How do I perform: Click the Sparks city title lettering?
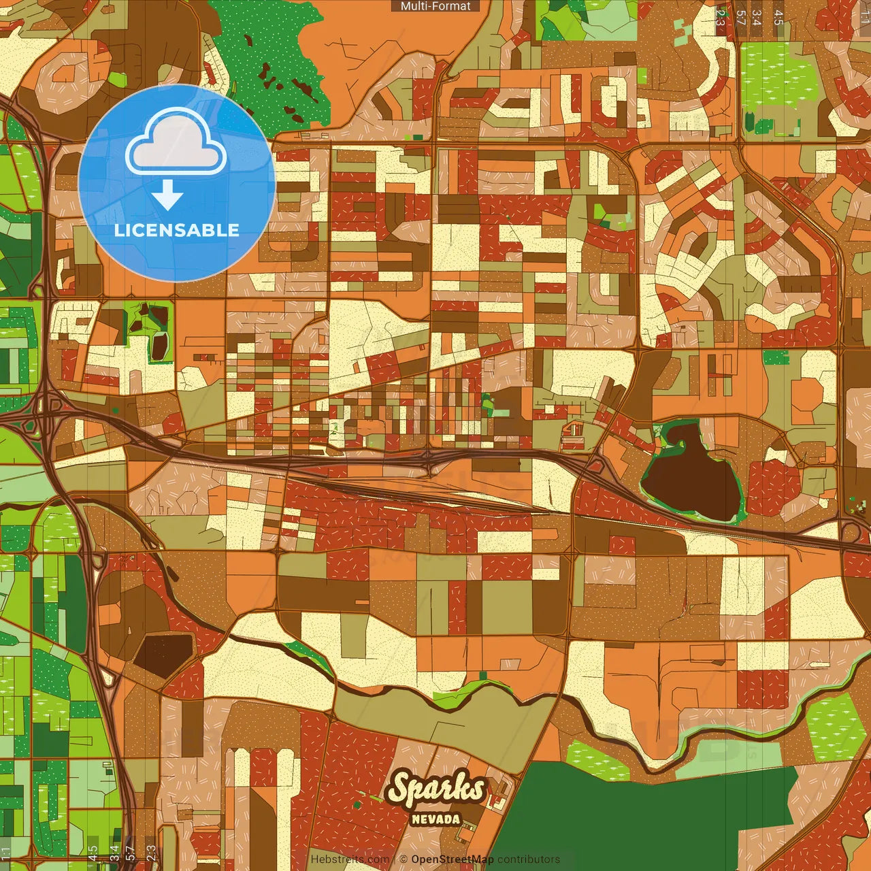point(436,789)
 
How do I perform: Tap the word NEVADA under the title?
point(436,819)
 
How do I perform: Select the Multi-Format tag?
point(435,6)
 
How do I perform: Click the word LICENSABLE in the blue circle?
point(177,230)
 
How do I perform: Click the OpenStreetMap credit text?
point(453,859)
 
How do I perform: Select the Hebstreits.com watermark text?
point(350,859)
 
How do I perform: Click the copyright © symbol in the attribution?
point(403,859)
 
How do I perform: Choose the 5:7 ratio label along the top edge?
point(740,17)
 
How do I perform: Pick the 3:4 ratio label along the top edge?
point(757,17)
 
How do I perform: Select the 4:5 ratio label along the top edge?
point(778,17)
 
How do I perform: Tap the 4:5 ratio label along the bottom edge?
point(93,853)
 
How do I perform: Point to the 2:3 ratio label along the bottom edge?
point(151,853)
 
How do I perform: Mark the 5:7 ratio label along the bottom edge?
point(131,853)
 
